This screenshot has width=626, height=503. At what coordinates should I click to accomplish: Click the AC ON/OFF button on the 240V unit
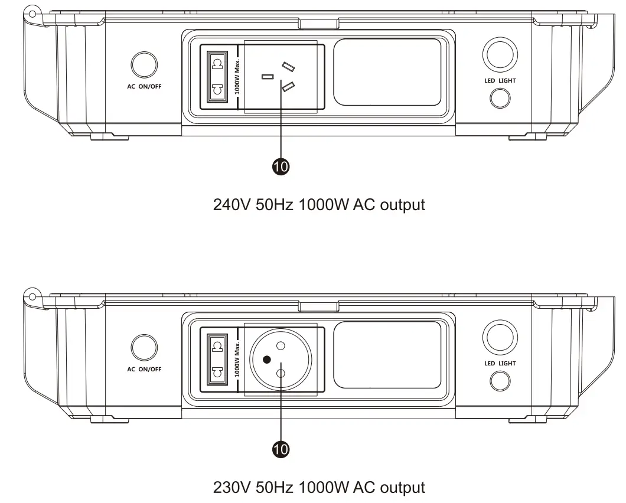click(144, 65)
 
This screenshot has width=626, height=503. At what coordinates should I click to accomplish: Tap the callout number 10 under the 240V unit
click(281, 167)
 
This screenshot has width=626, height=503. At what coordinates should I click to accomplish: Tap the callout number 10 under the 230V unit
click(281, 450)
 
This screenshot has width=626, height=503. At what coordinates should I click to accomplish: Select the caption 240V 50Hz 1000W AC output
click(319, 205)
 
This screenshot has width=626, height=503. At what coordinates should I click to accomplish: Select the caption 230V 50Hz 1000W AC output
click(319, 488)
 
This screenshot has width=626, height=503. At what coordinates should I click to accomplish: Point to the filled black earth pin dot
click(267, 359)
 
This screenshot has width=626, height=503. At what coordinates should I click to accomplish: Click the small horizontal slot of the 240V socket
click(268, 77)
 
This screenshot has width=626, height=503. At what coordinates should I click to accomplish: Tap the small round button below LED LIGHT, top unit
click(500, 98)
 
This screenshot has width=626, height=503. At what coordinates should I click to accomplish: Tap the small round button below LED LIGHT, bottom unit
click(500, 381)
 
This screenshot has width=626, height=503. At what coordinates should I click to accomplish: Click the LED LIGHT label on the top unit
click(500, 80)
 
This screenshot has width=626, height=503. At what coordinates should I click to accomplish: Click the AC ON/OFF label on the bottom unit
click(144, 370)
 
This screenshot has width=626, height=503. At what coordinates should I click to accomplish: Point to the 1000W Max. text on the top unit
click(237, 77)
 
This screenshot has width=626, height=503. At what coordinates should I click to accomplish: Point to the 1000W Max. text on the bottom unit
click(237, 360)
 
